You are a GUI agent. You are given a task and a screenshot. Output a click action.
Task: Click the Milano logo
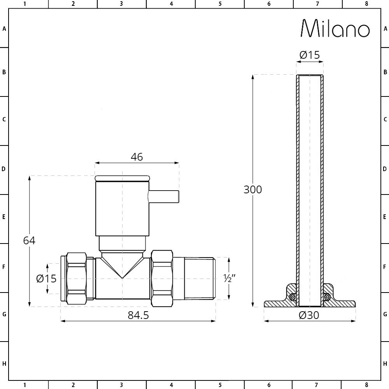pos(335,28)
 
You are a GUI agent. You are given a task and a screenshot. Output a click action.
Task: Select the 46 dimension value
pos(137,157)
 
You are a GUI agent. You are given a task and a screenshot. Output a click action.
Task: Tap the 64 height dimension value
pos(29,240)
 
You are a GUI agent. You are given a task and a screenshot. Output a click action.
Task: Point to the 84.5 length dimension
pos(138,315)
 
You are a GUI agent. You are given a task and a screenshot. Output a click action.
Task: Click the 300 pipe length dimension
pos(253,189)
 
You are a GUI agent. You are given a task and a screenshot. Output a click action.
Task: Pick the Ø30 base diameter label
pos(309,315)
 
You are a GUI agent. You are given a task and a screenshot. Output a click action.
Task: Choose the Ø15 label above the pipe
pos(310,55)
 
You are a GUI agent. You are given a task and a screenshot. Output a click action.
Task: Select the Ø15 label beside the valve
pos(46,279)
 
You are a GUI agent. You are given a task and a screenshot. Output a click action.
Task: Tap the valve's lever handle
pos(164,196)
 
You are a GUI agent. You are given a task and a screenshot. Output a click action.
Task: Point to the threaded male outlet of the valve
pos(199,278)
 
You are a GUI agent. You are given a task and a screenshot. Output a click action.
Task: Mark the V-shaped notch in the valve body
pos(122,268)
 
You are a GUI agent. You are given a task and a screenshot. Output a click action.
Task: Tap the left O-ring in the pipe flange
pos(293,297)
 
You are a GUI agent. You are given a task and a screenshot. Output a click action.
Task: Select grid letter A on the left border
pos(4,28)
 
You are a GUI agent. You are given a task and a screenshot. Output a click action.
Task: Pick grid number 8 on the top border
pos(366,4)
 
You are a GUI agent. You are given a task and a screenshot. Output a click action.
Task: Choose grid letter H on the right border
pos(385,364)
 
